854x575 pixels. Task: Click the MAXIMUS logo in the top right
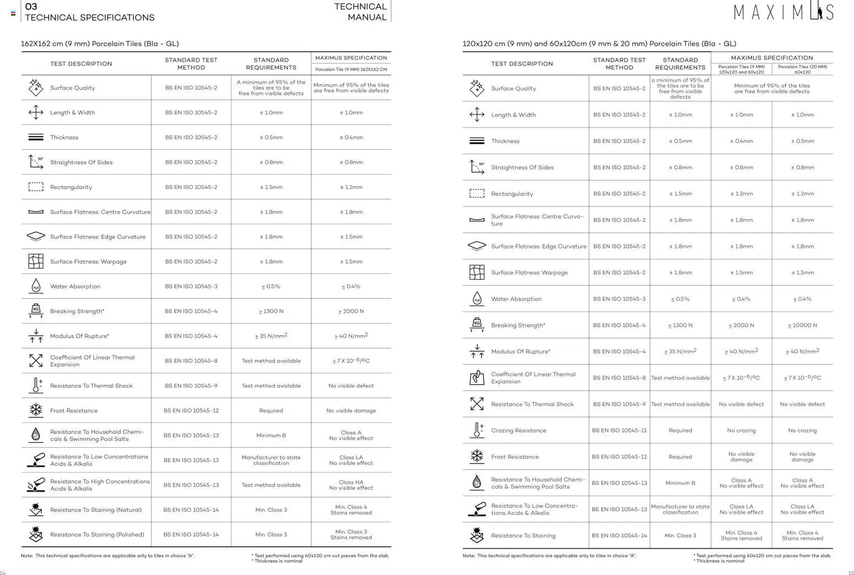tap(783, 12)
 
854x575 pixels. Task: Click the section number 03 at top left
tap(31, 7)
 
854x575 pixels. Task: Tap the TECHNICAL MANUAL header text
tap(360, 12)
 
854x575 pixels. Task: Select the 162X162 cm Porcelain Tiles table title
tap(100, 44)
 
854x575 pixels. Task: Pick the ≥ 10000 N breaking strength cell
tap(802, 326)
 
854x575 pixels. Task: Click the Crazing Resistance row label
tap(518, 431)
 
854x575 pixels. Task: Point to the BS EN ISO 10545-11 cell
tap(619, 431)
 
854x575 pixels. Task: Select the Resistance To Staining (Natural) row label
tap(96, 510)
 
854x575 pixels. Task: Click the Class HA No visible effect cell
tap(351, 485)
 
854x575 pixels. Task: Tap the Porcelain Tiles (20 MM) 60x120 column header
tap(802, 69)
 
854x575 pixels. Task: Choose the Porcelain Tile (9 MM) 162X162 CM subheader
tap(351, 69)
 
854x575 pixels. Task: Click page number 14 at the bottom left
tap(3, 573)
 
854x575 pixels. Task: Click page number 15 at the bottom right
tap(851, 573)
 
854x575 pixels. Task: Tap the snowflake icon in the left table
tap(36, 410)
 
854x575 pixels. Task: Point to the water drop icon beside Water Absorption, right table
tap(477, 299)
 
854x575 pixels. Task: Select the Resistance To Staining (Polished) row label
tap(97, 535)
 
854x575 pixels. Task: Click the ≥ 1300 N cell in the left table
tap(271, 311)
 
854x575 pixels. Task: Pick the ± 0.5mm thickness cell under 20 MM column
tap(802, 141)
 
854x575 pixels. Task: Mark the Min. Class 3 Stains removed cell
tap(351, 535)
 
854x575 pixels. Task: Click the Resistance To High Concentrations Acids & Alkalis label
tap(100, 485)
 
